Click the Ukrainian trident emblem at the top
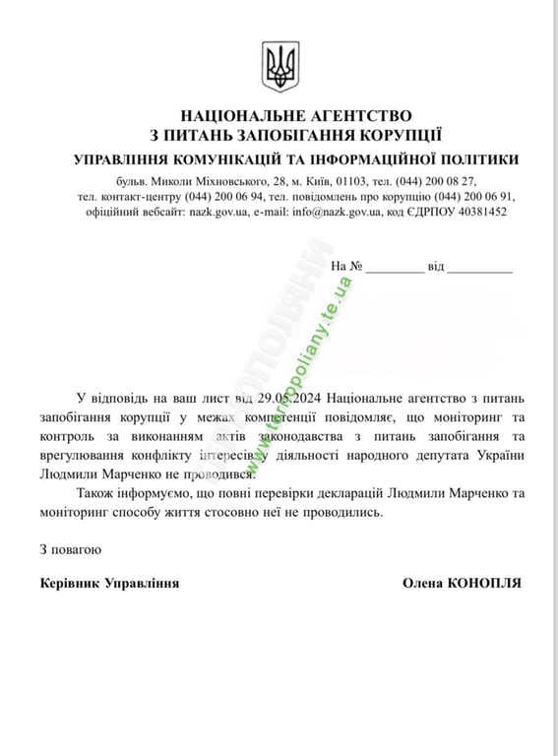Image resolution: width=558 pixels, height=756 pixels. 279,66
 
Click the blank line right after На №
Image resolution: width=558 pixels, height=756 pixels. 396,268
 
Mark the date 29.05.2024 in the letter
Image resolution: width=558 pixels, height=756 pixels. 289,397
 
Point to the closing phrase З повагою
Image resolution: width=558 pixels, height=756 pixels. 70,547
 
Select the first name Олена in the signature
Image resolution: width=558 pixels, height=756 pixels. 423,584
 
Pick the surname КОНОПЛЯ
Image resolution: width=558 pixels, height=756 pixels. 484,584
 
